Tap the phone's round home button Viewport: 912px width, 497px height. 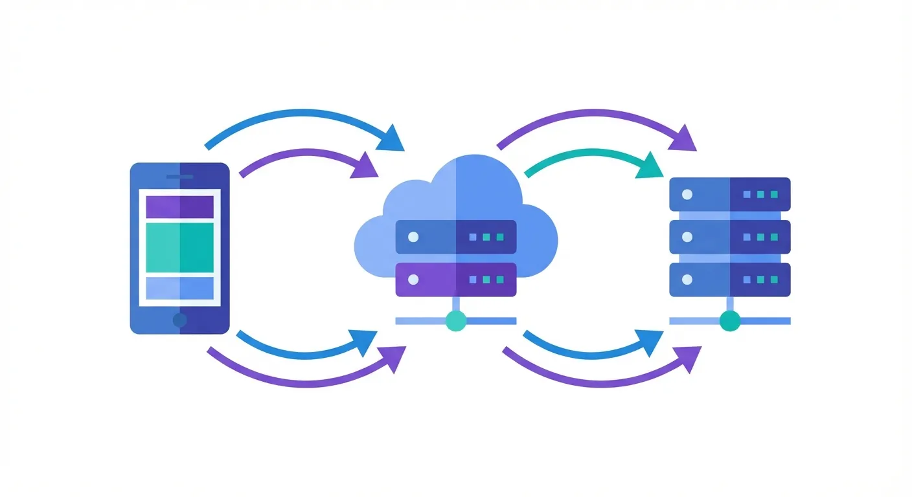[180, 320]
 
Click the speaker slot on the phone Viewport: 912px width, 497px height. [179, 177]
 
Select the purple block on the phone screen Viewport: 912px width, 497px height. [179, 206]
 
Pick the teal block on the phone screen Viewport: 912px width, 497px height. [179, 248]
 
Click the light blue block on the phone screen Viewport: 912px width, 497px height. [179, 288]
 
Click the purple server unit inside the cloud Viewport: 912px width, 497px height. [455, 279]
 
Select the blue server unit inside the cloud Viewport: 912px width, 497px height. [455, 237]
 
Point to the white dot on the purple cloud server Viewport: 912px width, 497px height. [413, 280]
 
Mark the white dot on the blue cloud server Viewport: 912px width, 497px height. [413, 237]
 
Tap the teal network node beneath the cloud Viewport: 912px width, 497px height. [456, 320]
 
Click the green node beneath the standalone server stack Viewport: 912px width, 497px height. [730, 320]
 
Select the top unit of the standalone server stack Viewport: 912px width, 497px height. [730, 194]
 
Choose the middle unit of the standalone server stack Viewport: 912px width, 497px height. [730, 237]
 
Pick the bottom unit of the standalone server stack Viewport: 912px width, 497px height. [730, 280]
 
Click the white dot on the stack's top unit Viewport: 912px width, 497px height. [687, 194]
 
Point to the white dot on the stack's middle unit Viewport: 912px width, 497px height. [687, 237]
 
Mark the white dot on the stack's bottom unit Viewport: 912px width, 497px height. [687, 280]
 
